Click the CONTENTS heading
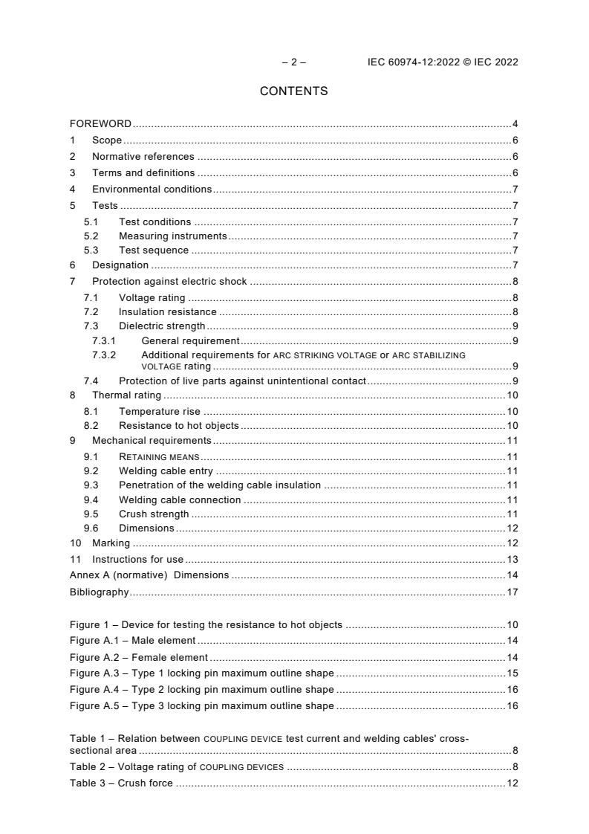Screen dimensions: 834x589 coord(293,91)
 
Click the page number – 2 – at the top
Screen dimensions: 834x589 coord(293,62)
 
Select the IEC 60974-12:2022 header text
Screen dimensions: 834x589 coord(443,62)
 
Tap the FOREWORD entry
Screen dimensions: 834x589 coord(100,124)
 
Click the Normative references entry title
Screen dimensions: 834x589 coord(143,157)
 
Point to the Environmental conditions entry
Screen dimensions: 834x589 coord(152,190)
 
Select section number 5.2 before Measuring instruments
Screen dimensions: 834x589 coord(91,236)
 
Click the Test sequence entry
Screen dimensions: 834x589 coord(153,250)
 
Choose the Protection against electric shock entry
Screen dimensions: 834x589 coord(169,282)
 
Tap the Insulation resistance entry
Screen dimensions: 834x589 coord(167,312)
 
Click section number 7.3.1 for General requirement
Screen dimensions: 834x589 coord(104,341)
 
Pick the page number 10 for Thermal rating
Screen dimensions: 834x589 coord(512,395)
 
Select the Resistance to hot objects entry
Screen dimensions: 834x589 coord(178,426)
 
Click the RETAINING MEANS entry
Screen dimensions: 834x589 coord(159,456)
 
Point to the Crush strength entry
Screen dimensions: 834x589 coord(154,514)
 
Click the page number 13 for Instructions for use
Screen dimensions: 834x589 coord(512,559)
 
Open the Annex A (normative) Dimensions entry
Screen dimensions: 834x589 coord(149,575)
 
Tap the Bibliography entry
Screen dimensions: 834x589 coord(100,592)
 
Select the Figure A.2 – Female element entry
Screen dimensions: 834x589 coord(139,657)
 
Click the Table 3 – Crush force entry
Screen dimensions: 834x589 coord(121,783)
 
